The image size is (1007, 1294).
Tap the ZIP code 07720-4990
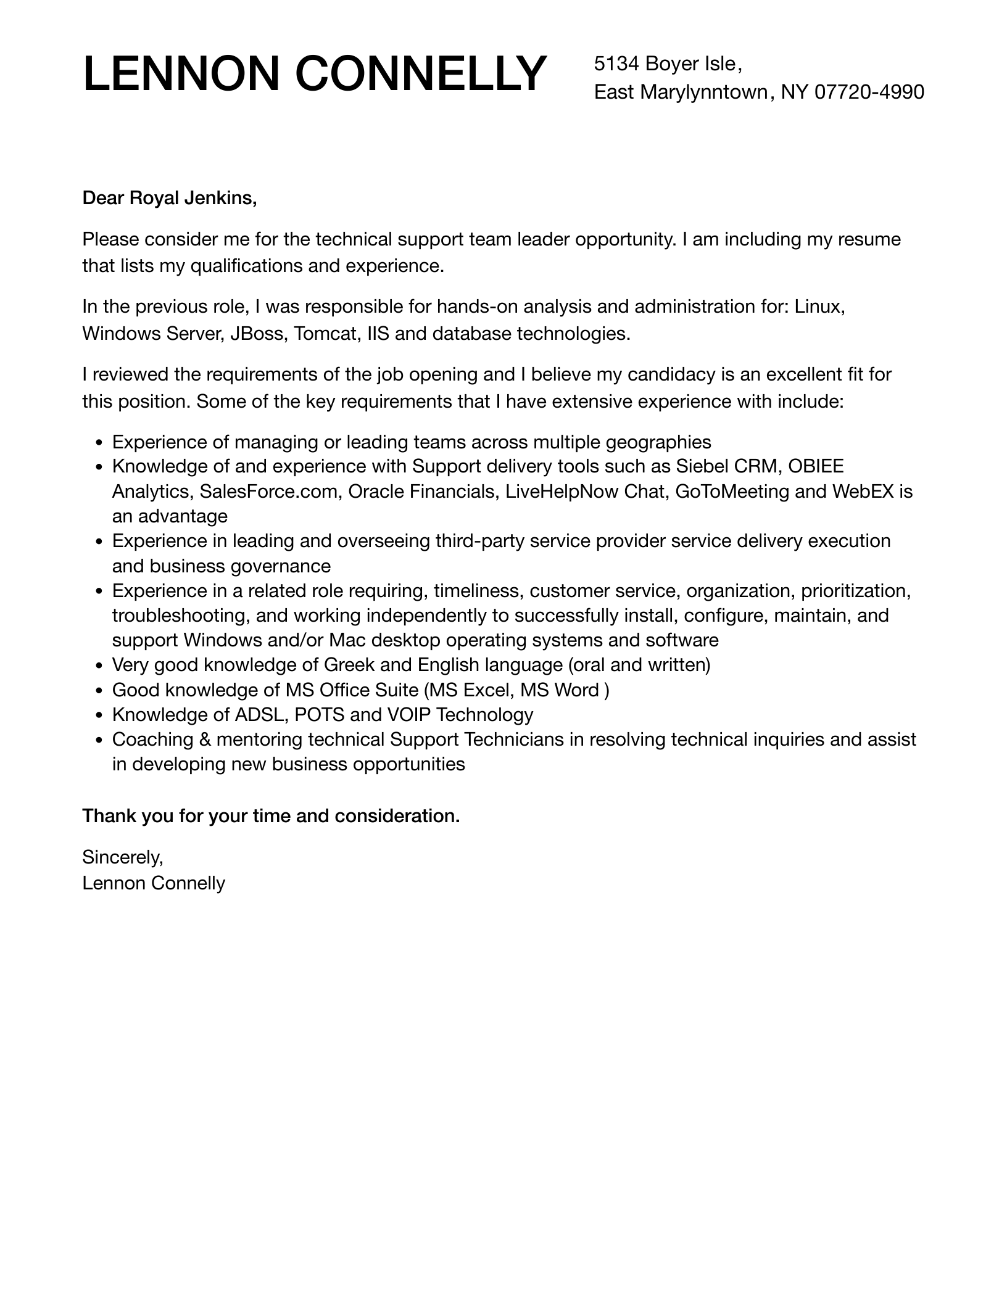coord(869,92)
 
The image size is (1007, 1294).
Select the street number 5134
coord(616,63)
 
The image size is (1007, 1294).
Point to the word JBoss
coord(259,334)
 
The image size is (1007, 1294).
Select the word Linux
coord(819,306)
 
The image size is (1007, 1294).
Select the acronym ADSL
coord(259,715)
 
